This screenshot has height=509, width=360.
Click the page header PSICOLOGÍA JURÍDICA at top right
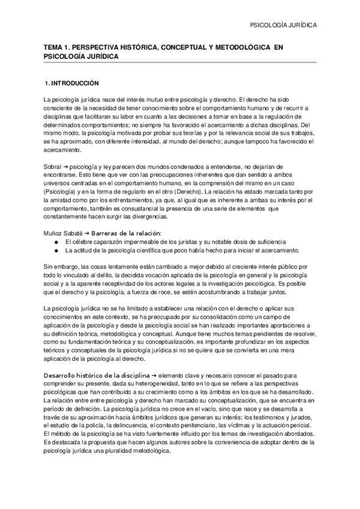(x=283, y=26)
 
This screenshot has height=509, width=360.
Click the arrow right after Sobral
(x=65, y=163)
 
